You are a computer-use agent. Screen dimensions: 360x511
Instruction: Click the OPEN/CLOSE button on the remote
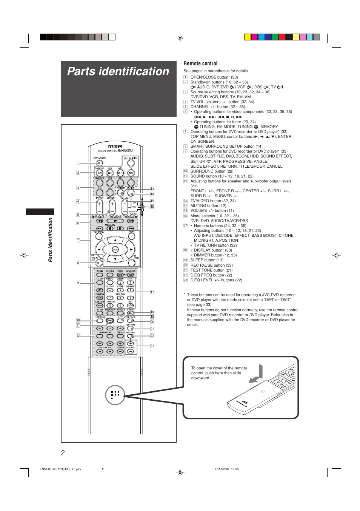coord(99,163)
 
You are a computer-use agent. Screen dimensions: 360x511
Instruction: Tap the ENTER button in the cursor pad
coord(115,249)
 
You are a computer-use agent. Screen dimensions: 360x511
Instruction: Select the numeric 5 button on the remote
coord(120,290)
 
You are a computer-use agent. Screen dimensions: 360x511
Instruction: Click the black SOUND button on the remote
coord(110,321)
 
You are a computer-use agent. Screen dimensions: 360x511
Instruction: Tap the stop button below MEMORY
coord(110,228)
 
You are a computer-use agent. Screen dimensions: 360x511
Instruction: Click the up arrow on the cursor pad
coord(115,240)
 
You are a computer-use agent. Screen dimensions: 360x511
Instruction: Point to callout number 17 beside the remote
coord(152,292)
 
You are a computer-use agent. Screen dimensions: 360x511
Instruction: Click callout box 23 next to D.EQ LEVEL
coord(152,346)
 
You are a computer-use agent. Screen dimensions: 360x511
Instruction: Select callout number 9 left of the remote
coord(78,283)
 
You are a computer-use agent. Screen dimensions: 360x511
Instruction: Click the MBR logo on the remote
coord(115,146)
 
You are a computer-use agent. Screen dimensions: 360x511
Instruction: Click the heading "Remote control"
coord(200,63)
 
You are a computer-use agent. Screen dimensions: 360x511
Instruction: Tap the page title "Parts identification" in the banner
coord(118,71)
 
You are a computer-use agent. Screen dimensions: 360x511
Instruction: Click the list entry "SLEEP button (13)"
coord(207,260)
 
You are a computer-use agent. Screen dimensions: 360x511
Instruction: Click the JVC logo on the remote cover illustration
coord(245,402)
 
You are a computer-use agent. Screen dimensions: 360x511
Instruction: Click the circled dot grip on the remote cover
coord(115,395)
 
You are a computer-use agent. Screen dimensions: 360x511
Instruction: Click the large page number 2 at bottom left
coord(63,453)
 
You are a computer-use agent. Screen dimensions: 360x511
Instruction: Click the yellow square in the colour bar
coord(247,37)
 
